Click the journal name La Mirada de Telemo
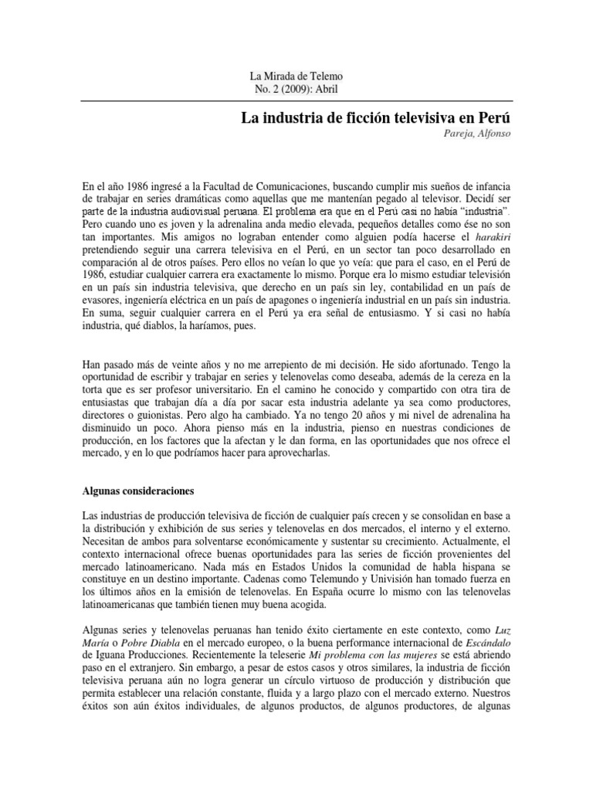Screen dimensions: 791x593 [296, 76]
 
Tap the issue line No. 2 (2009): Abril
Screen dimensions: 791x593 [296, 89]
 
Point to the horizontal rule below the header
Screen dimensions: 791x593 [296, 100]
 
